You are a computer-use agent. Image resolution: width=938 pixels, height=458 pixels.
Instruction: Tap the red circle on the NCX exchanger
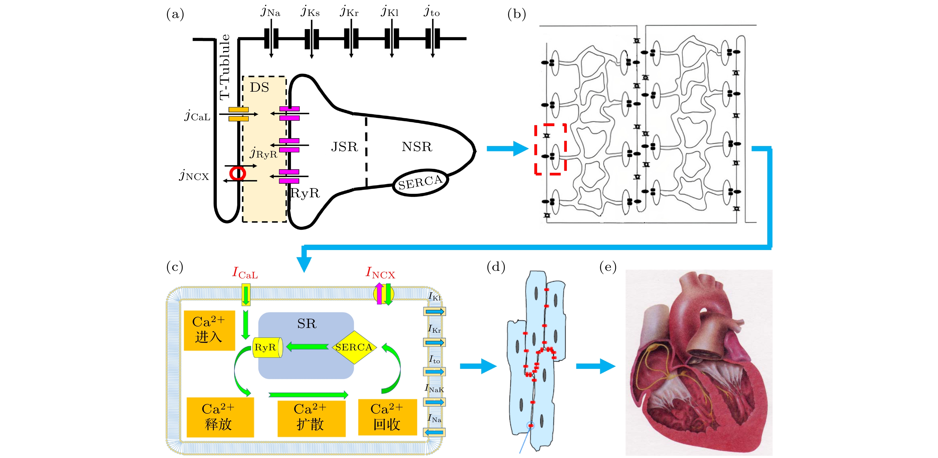pyautogui.click(x=237, y=173)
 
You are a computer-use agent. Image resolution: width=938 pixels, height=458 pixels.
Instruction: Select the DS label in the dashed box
pyautogui.click(x=259, y=87)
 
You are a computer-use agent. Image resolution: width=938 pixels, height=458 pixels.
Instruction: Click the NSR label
pyautogui.click(x=417, y=147)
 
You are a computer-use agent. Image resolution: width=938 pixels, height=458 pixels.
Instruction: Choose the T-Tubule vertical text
pyautogui.click(x=225, y=67)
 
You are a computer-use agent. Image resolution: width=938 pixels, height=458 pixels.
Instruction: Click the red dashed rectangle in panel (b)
pyautogui.click(x=550, y=149)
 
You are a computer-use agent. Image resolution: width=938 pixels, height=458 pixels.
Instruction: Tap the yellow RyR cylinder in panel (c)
pyautogui.click(x=268, y=347)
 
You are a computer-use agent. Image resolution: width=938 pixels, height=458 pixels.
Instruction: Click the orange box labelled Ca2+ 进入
pyautogui.click(x=209, y=330)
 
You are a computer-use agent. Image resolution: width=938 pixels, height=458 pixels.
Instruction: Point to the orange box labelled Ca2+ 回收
pyautogui.click(x=387, y=417)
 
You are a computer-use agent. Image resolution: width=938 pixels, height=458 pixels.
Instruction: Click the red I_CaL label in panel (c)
pyautogui.click(x=245, y=273)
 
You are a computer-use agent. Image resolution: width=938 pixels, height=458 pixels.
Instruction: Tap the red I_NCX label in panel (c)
pyautogui.click(x=380, y=273)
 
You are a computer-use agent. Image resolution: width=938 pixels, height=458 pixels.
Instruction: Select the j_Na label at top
pyautogui.click(x=271, y=12)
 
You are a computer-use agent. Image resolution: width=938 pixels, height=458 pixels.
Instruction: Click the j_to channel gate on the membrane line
pyautogui.click(x=433, y=39)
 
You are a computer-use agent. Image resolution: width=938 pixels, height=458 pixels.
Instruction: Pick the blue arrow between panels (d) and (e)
pyautogui.click(x=595, y=366)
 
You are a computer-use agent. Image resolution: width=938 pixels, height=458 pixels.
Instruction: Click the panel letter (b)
pyautogui.click(x=516, y=14)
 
